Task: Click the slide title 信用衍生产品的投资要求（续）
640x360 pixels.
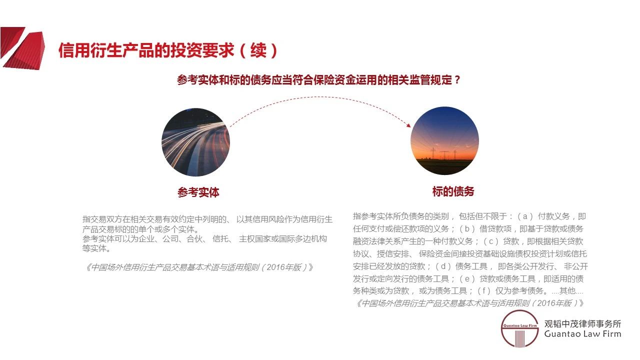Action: pyautogui.click(x=168, y=50)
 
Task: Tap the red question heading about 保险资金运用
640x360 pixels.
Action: pyautogui.click(x=318, y=80)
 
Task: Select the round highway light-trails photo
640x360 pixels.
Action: pyautogui.click(x=195, y=142)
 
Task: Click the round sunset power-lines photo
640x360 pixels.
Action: pyautogui.click(x=444, y=141)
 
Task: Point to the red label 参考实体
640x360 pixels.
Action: pyautogui.click(x=198, y=192)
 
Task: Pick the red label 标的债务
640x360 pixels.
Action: pyautogui.click(x=453, y=191)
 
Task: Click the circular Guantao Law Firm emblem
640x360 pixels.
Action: pyautogui.click(x=520, y=328)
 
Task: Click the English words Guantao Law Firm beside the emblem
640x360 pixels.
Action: pyautogui.click(x=582, y=334)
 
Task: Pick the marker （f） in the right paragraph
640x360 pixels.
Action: pyautogui.click(x=482, y=290)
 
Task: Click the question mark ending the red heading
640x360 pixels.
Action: pyautogui.click(x=456, y=80)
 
